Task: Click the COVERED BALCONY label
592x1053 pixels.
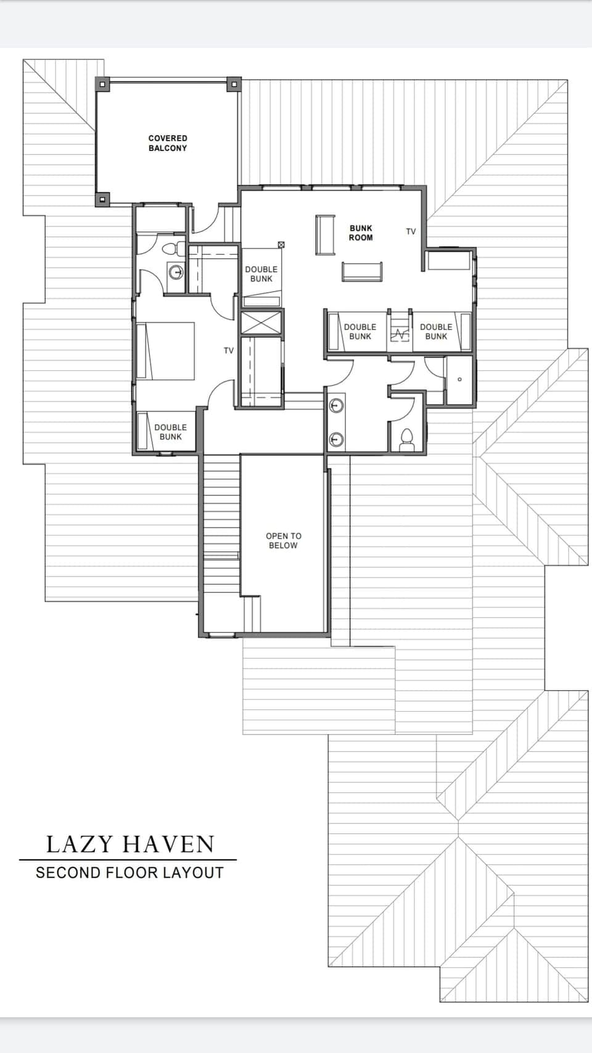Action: point(167,143)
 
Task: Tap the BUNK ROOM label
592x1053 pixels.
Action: point(361,233)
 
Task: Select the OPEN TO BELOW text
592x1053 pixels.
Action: point(283,540)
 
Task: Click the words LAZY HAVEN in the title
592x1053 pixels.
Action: point(130,844)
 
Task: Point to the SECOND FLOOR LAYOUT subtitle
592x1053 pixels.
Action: point(129,873)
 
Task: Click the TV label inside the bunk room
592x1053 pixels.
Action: point(411,231)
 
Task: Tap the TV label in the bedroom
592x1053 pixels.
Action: point(229,350)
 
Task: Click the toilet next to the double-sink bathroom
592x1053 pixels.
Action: point(406,439)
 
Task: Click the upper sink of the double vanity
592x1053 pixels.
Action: point(336,406)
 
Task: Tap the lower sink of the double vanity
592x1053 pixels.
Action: point(336,439)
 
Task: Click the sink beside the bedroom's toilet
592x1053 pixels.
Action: point(176,271)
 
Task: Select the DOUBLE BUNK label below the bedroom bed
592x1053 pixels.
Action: point(170,432)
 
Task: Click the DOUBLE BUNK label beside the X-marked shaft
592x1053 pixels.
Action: point(261,274)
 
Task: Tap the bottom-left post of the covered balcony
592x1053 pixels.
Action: point(103,199)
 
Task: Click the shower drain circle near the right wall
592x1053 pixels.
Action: point(459,379)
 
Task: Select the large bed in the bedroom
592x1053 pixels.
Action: point(165,350)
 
